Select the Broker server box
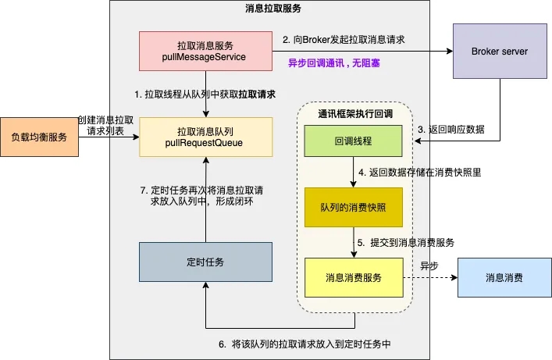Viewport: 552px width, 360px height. (499, 52)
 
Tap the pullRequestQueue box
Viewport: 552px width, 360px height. (205, 137)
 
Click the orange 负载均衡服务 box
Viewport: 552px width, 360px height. (38, 137)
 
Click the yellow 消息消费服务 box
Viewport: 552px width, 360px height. (354, 277)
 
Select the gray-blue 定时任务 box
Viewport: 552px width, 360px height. (205, 262)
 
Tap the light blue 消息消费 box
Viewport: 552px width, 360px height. (504, 277)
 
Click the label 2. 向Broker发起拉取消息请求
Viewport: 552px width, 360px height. (344, 38)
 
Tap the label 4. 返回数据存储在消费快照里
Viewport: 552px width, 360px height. (419, 172)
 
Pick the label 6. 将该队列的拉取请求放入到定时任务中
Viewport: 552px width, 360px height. (305, 344)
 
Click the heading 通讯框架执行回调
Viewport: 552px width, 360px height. (354, 114)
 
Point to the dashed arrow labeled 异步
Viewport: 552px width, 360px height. (430, 277)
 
